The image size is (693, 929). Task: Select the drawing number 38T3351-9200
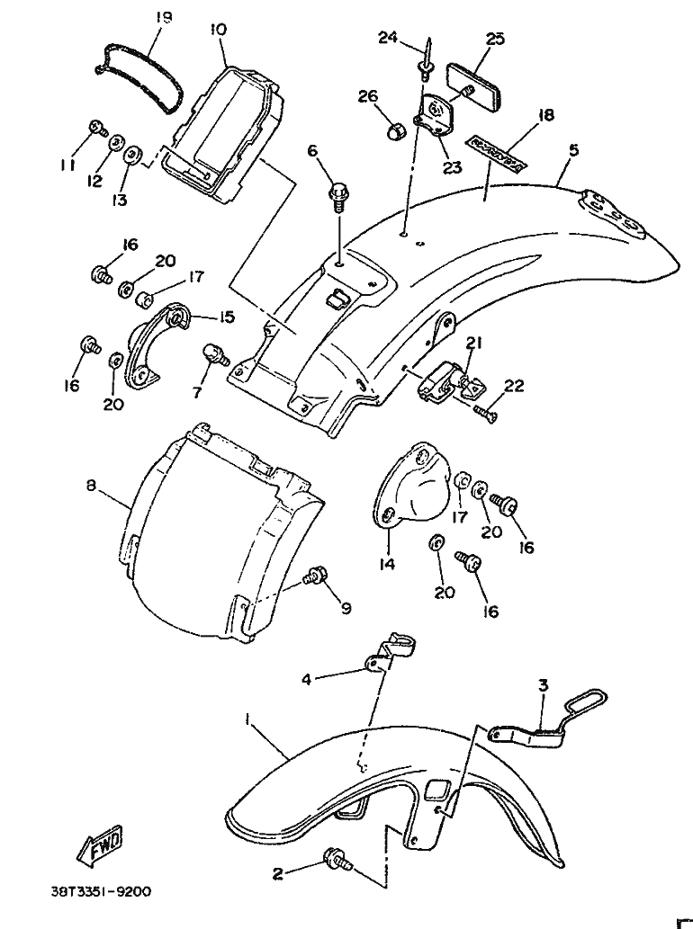point(100,893)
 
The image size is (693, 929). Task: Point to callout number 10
point(218,29)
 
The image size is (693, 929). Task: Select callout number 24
point(387,37)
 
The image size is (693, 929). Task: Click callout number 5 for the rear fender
point(573,150)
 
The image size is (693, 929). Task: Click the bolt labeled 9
point(316,576)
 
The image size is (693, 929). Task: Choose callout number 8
point(91,487)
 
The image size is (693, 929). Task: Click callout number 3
point(543,685)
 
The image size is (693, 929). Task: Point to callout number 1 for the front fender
point(247,720)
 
